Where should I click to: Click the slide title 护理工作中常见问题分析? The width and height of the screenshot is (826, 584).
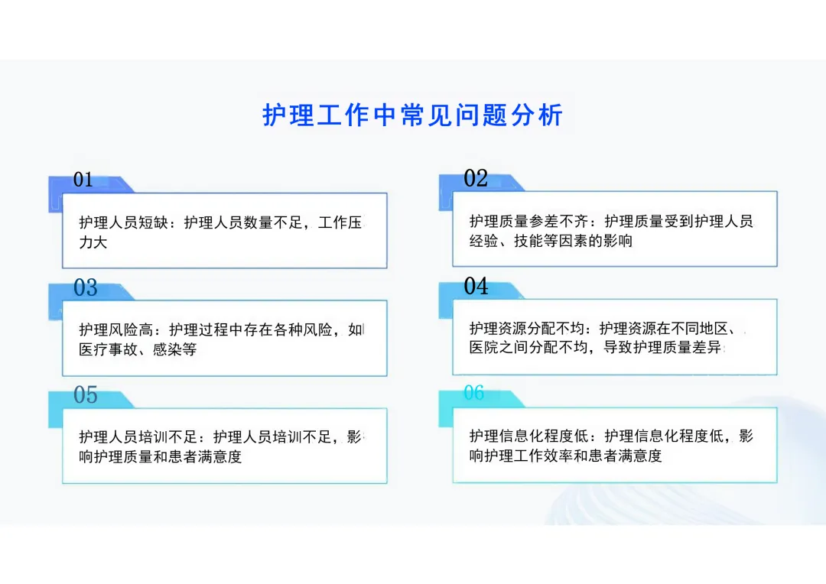[x=412, y=115]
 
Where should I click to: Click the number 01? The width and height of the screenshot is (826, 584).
[x=83, y=180]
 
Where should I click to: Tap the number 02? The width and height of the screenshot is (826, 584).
[x=476, y=178]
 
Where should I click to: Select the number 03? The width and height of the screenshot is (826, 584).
[x=86, y=287]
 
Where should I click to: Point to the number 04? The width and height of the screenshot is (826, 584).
[x=476, y=286]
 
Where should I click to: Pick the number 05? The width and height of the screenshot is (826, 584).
[x=86, y=394]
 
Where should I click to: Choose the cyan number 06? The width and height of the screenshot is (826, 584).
[x=474, y=392]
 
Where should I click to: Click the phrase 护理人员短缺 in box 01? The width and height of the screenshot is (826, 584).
[x=123, y=222]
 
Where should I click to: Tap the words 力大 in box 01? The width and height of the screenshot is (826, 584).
[x=93, y=242]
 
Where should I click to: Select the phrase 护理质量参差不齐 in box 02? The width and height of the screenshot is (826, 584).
[x=528, y=221]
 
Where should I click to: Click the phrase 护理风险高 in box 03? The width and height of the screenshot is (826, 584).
[x=116, y=329]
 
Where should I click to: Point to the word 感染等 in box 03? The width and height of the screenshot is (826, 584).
[x=174, y=349]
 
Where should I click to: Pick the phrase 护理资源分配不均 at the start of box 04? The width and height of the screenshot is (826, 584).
[x=527, y=329]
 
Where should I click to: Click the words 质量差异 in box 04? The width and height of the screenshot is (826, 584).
[x=691, y=348]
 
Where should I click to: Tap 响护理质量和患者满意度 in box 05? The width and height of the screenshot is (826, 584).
[x=160, y=456]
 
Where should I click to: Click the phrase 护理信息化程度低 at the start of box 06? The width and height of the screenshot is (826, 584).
[x=528, y=436]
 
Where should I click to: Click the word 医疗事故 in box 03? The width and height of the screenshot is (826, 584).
[x=108, y=349]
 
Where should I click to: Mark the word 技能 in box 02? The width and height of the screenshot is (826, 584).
[x=528, y=241]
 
